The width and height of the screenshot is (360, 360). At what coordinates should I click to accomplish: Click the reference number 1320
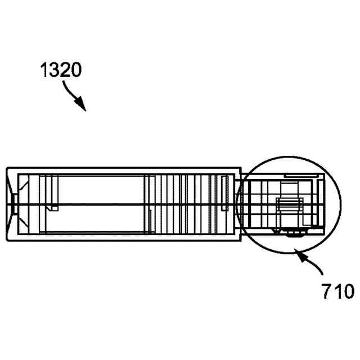[x=61, y=70]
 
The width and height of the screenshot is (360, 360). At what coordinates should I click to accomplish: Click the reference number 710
[x=337, y=291]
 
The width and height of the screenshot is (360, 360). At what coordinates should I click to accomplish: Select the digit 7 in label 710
[x=326, y=291]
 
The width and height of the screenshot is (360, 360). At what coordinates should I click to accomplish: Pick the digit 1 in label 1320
[x=44, y=70]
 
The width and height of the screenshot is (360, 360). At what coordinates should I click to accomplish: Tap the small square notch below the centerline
[x=55, y=209]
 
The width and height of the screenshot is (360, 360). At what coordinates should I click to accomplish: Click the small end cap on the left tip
[x=15, y=204]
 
